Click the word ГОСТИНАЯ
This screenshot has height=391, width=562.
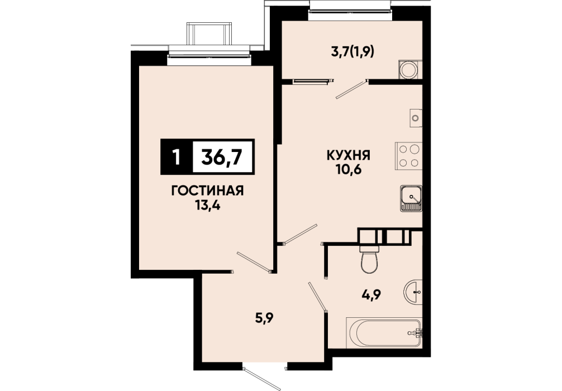coord(207,190)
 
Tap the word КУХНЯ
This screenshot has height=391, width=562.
coord(348,155)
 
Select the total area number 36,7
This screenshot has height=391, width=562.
coord(222,156)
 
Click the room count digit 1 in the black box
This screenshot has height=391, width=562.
coord(176,157)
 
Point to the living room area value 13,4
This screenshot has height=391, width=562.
coord(207,206)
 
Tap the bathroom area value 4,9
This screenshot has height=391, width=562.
coord(371,294)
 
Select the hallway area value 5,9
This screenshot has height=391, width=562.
coord(264,318)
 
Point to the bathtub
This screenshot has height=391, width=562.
coord(383,332)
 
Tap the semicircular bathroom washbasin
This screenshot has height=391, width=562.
coord(413,292)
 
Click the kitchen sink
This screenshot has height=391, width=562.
coord(411,198)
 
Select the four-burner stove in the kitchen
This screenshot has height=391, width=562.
coord(408,156)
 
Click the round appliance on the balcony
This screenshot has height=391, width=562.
coord(408,69)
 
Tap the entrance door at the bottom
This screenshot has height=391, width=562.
coord(261,379)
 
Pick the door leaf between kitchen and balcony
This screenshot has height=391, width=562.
coord(351,89)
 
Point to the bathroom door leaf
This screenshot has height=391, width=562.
coord(317,297)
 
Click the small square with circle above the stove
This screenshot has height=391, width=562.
coord(416,117)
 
